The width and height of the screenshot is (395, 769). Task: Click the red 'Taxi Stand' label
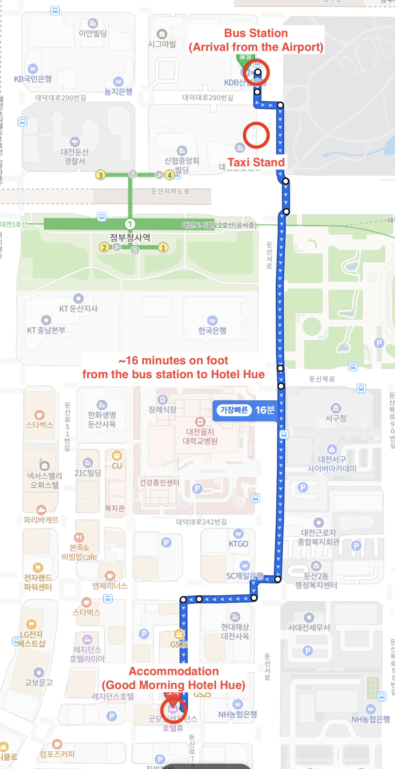[x=256, y=162]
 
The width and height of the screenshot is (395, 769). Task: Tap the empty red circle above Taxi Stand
[x=256, y=135]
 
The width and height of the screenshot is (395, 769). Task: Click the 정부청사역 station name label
[x=130, y=237]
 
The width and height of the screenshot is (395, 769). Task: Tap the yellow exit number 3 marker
[x=100, y=175]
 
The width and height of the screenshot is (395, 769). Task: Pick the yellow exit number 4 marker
[x=170, y=175]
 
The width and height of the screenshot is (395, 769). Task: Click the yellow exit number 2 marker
[x=104, y=247]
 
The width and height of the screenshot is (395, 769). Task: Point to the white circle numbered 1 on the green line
[x=130, y=224]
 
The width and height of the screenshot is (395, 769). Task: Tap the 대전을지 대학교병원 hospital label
[x=200, y=436]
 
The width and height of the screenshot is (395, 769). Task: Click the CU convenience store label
[x=117, y=465]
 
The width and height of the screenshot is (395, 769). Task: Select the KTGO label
[x=238, y=544]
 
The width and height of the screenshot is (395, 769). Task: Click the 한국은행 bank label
[x=212, y=330]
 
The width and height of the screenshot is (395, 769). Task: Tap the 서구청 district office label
[x=336, y=418]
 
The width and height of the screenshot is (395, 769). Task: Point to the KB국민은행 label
[x=33, y=79]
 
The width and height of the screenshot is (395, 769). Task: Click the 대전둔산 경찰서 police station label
[x=75, y=156]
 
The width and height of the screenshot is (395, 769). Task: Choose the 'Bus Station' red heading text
[x=256, y=33]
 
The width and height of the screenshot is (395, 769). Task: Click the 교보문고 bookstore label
[x=39, y=682]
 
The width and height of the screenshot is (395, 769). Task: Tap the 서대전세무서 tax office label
[x=309, y=627]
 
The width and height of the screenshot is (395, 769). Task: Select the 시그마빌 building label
[x=162, y=44]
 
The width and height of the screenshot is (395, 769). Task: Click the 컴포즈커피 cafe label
[x=57, y=754]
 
